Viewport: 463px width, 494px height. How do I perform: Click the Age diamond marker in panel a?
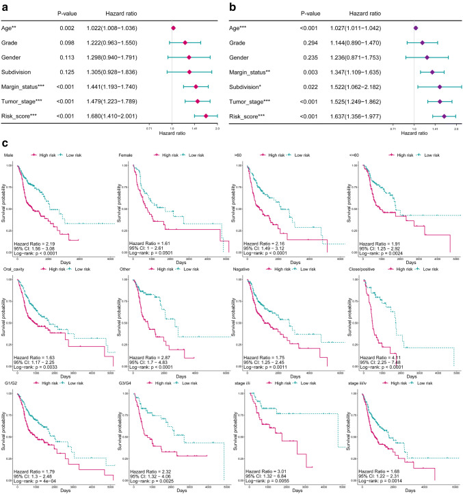[x=174, y=28]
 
